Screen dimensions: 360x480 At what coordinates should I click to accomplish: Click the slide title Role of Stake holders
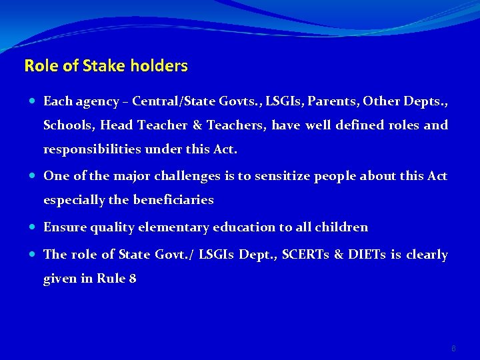(106, 66)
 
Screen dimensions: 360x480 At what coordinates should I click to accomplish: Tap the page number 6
(454, 348)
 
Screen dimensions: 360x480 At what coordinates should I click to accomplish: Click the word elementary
(173, 227)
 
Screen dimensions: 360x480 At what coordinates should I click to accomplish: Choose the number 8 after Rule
(133, 279)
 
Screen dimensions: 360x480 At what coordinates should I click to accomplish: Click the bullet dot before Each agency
(33, 101)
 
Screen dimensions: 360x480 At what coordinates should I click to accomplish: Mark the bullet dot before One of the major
(33, 176)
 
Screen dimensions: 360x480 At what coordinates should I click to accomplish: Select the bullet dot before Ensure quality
(33, 227)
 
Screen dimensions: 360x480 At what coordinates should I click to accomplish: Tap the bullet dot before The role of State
(33, 255)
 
